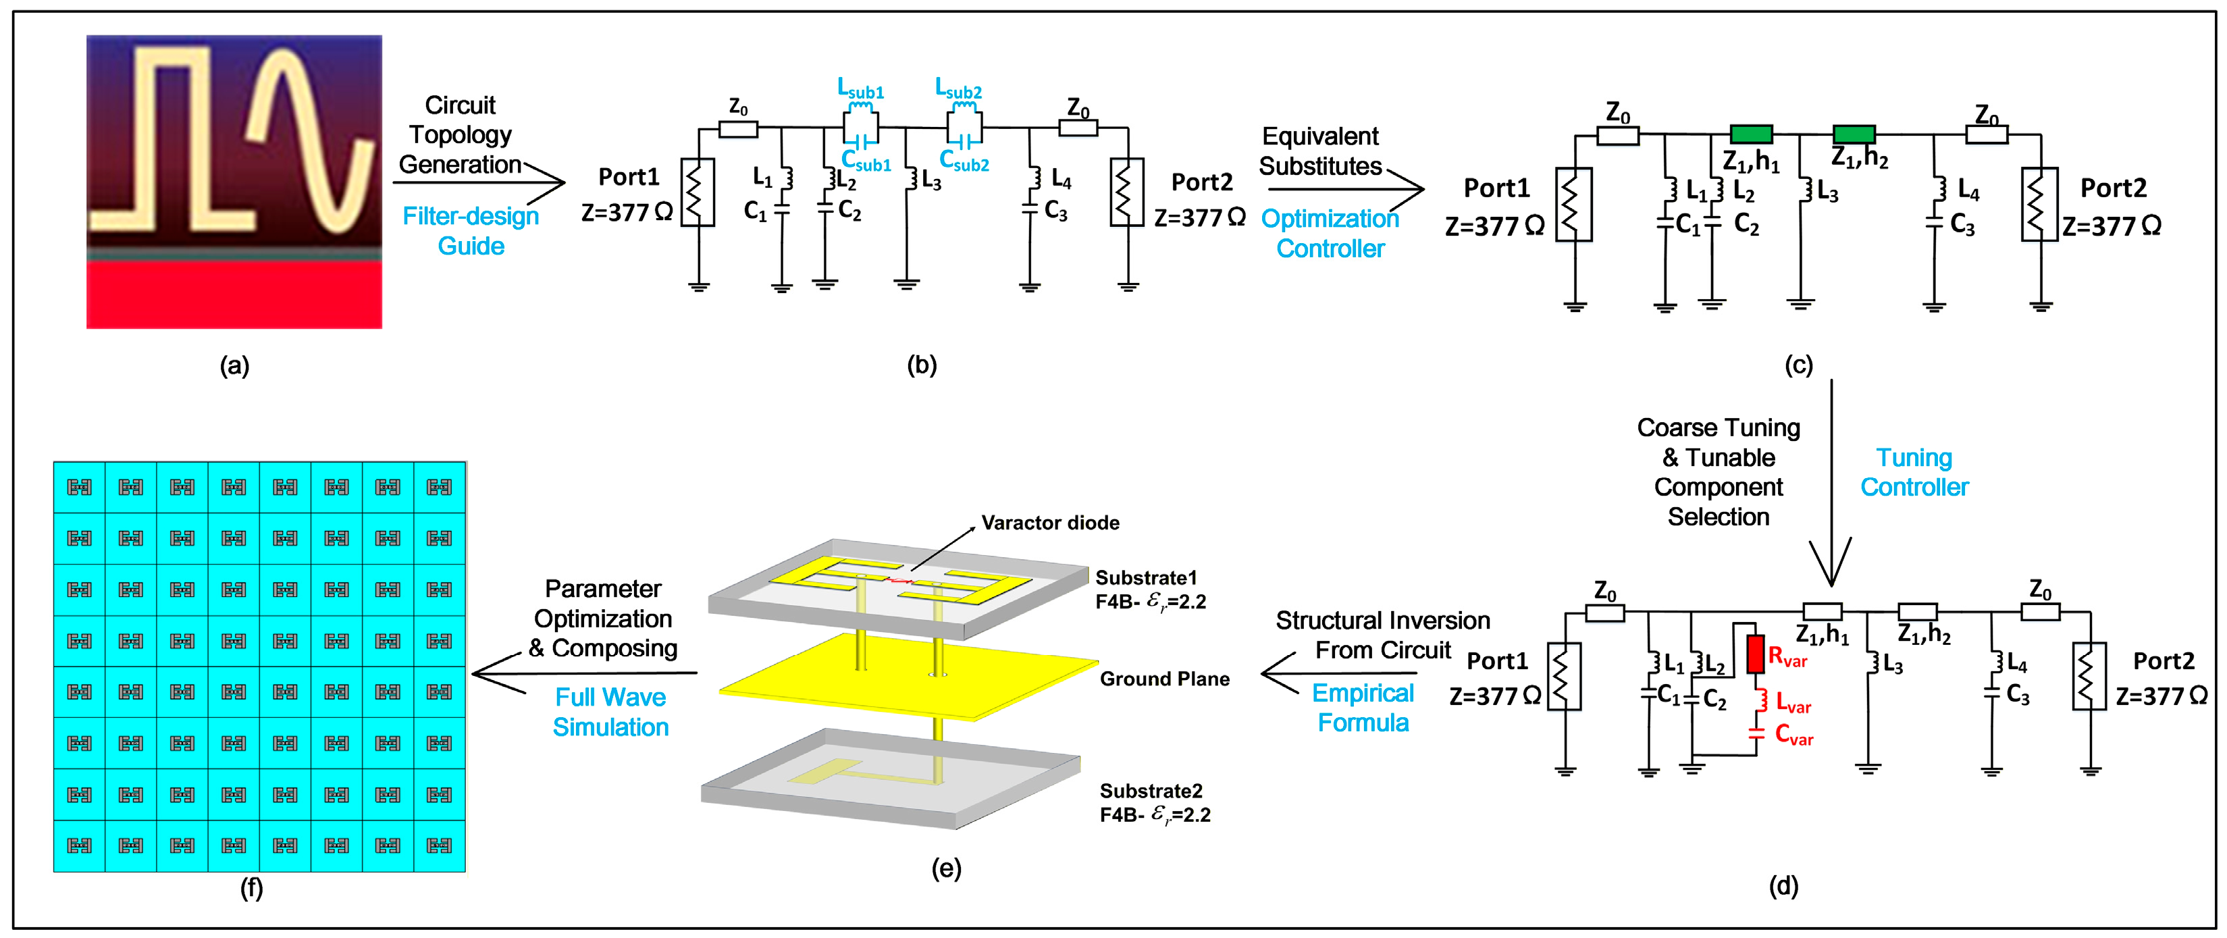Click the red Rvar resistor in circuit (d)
(x=1755, y=654)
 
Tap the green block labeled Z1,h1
(x=1751, y=134)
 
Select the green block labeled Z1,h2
(x=1854, y=134)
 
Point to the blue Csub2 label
(x=964, y=161)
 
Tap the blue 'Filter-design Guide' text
(x=471, y=231)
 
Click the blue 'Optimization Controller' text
(x=1330, y=234)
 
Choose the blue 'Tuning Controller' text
(x=1914, y=472)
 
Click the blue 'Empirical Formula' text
(x=1363, y=707)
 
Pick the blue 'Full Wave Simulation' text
(x=610, y=712)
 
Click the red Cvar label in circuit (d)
(x=1794, y=735)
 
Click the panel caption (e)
(x=946, y=868)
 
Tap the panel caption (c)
(x=1798, y=365)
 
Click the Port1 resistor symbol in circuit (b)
(x=698, y=192)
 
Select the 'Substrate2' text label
(x=1151, y=791)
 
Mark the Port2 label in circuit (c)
(x=2113, y=188)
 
